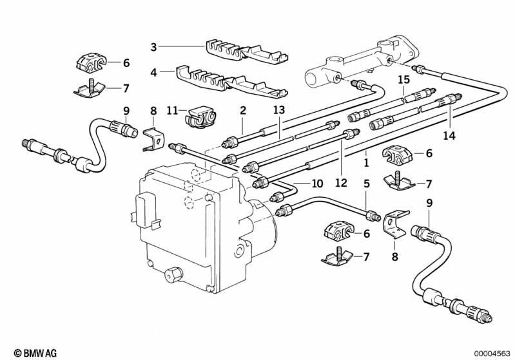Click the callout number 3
tap(153, 47)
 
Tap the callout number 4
tap(153, 72)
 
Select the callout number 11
tap(173, 110)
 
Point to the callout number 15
tap(404, 80)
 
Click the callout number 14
tap(449, 135)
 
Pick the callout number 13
tap(279, 110)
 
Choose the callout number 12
tap(341, 182)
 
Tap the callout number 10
tap(317, 183)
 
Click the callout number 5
tap(367, 184)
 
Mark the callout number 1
tap(366, 162)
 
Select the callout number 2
tap(243, 110)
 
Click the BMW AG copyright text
tap(35, 353)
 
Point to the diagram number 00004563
tap(491, 354)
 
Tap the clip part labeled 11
tap(200, 117)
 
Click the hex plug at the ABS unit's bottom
tap(173, 274)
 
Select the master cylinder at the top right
tap(362, 60)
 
